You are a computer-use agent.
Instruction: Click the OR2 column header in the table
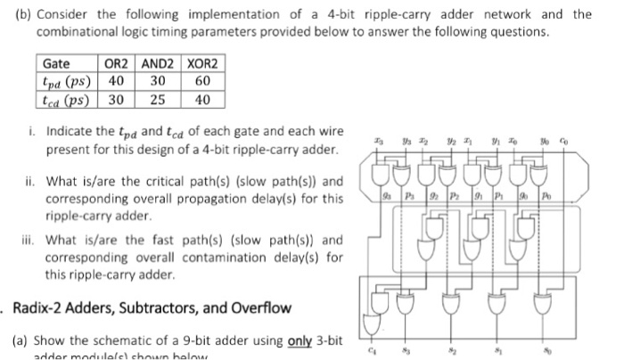tap(115, 64)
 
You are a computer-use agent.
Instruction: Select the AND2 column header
tap(157, 64)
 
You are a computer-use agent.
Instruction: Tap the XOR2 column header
tap(201, 64)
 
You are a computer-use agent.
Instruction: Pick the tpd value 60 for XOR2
tap(201, 81)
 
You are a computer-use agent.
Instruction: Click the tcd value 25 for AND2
tap(157, 98)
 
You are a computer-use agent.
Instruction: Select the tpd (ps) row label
tap(64, 81)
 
